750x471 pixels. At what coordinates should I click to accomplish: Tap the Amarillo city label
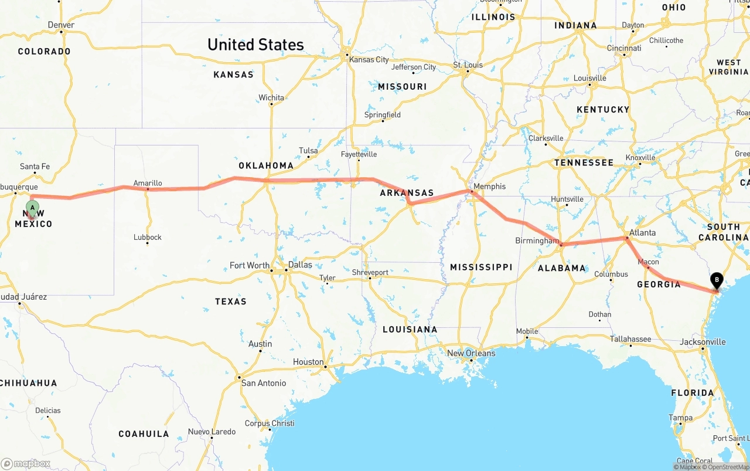[x=148, y=183]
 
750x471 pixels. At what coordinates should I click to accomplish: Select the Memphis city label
[x=489, y=187]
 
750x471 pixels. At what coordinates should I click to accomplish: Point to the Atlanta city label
[x=642, y=233]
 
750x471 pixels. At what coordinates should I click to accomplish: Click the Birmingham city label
[x=537, y=241]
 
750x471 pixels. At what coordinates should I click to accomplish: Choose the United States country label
[x=255, y=45]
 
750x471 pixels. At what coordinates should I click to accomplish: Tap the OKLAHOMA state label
[x=266, y=165]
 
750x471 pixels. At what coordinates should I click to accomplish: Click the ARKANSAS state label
[x=407, y=193]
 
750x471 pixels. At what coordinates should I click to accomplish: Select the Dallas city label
[x=300, y=265]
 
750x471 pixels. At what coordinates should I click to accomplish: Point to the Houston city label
[x=308, y=362]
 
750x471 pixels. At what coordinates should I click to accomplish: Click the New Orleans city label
[x=471, y=353]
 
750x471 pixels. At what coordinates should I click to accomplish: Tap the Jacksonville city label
[x=703, y=342]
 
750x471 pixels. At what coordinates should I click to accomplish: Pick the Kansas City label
[x=369, y=59]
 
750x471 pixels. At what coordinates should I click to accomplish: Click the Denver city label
[x=61, y=25]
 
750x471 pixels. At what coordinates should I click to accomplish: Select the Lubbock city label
[x=148, y=237]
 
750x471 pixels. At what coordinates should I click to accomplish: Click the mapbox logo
[x=26, y=464]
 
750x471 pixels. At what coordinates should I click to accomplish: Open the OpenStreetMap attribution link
[x=728, y=467]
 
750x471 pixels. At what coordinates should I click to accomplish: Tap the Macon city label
[x=648, y=262]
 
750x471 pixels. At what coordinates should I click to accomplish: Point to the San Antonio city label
[x=264, y=383]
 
